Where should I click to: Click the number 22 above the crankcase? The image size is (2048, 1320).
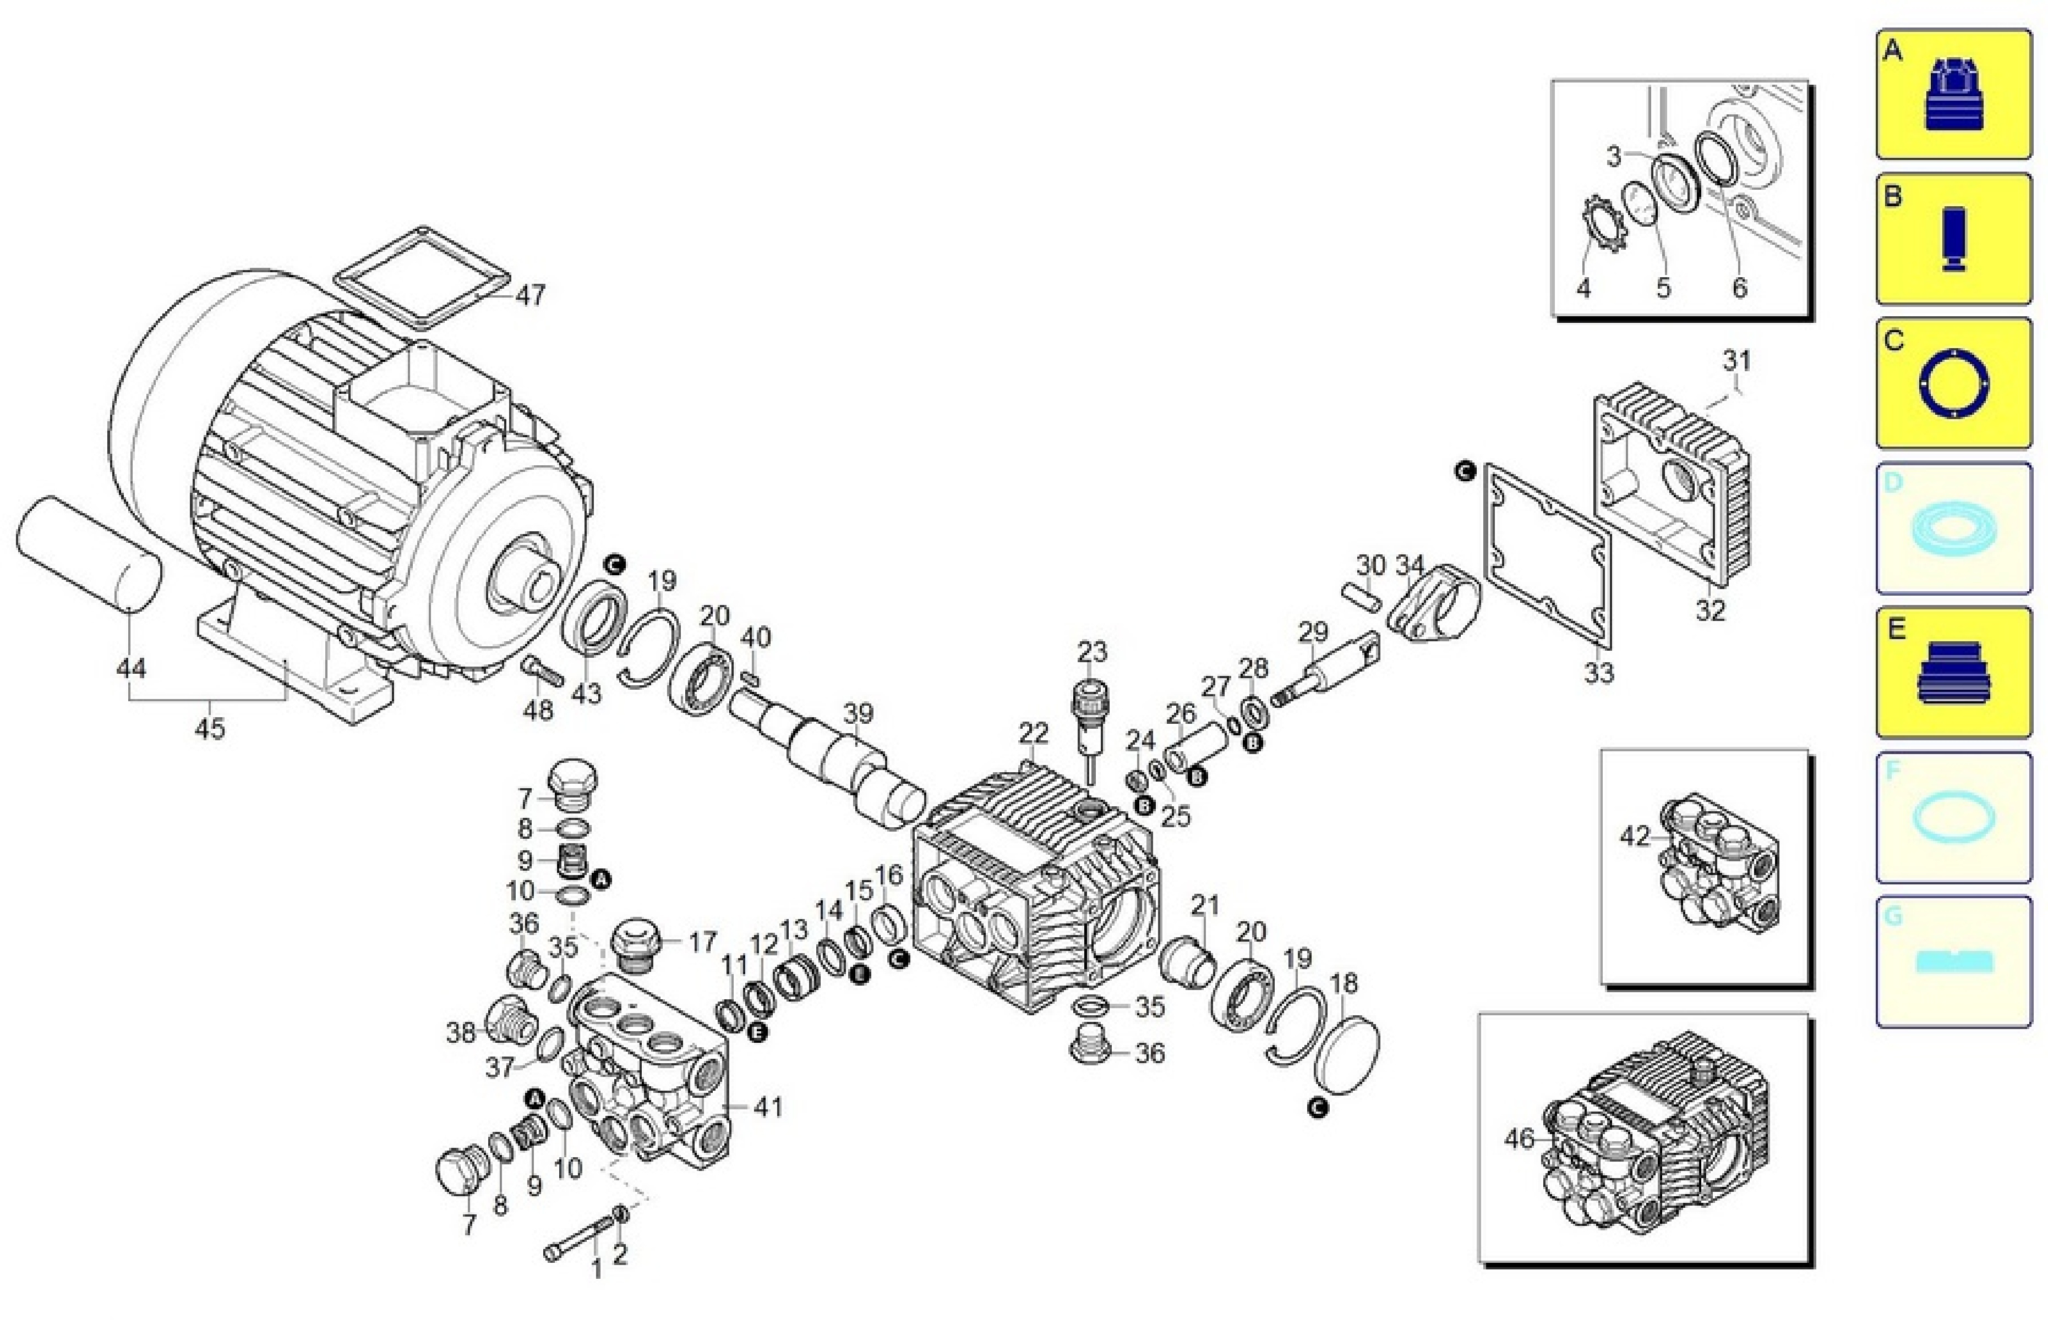click(1034, 733)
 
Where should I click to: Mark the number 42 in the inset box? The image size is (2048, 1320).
click(1636, 835)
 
